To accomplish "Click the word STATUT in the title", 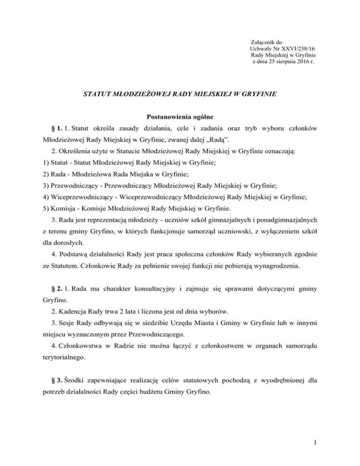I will [x=97, y=93].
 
